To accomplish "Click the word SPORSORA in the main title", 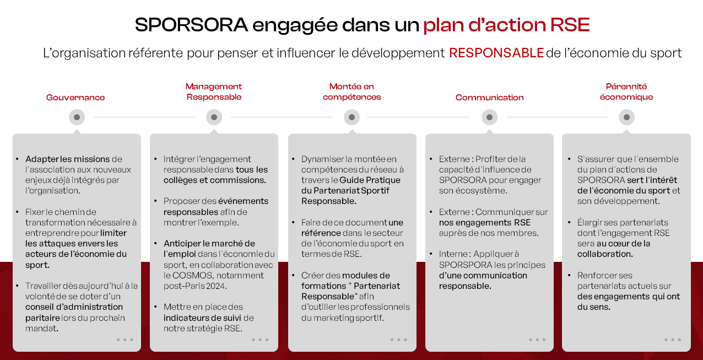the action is [x=191, y=25].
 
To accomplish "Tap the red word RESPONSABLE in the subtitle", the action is [x=496, y=53].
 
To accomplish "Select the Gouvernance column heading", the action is [x=75, y=98].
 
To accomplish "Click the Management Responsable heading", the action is [x=214, y=92].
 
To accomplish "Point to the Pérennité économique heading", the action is [x=626, y=92].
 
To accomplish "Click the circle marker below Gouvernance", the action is [x=77, y=117].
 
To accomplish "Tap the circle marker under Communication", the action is [x=489, y=117].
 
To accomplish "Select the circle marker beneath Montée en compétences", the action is [x=351, y=117].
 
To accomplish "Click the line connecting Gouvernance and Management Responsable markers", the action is [x=145, y=117].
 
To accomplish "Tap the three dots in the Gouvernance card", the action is [x=125, y=340].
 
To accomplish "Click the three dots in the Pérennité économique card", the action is [x=673, y=340].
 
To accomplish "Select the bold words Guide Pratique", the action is [x=370, y=180].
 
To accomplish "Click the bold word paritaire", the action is [x=42, y=318].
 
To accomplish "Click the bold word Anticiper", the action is [x=182, y=244].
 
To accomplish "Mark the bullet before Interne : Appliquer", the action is [x=431, y=253].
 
